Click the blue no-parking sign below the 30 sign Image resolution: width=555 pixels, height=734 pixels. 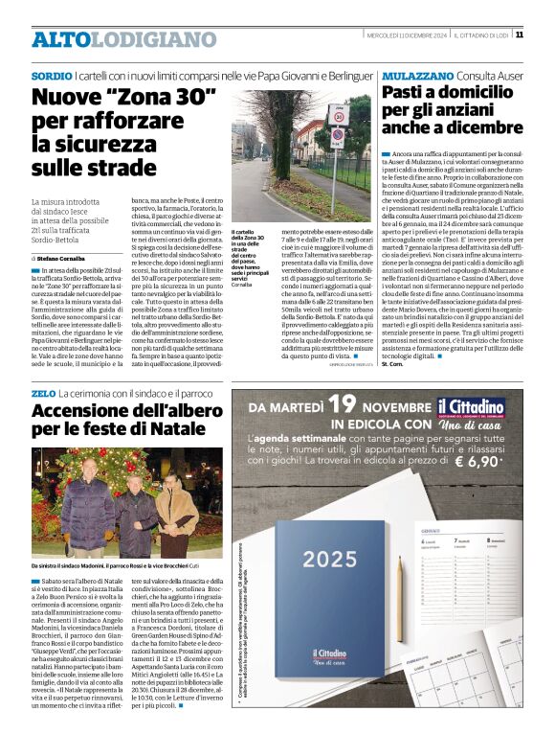point(336,135)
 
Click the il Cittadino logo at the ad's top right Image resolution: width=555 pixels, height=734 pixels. point(487,409)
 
